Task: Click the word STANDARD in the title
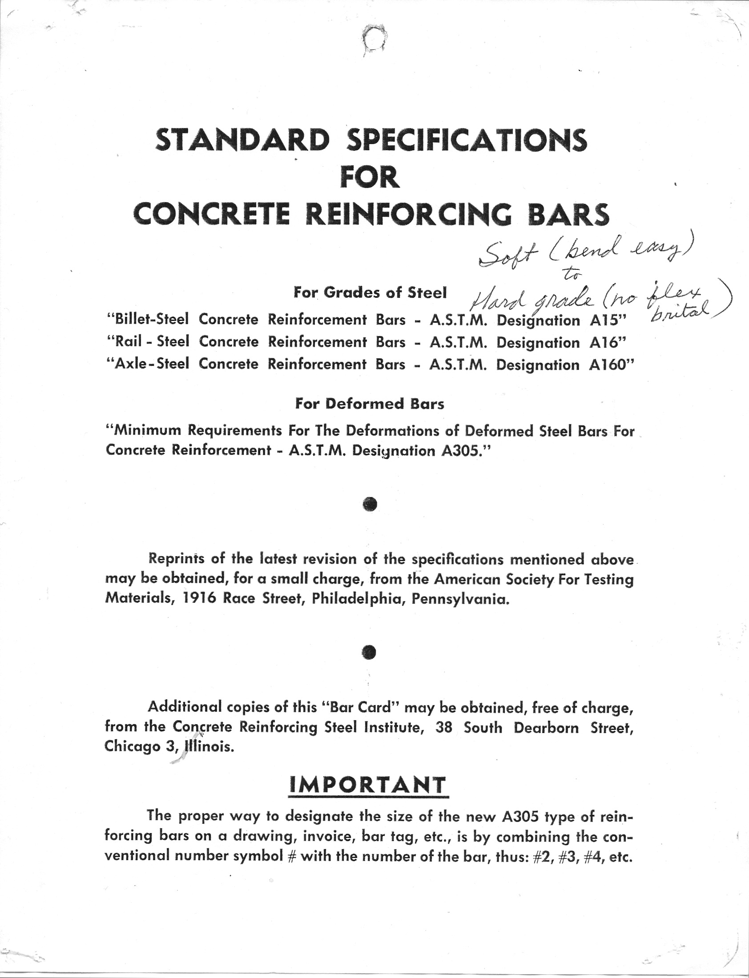pos(242,140)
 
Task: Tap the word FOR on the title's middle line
pos(370,177)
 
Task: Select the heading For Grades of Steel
pos(370,292)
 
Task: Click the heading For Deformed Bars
pos(370,404)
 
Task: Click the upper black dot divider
pos(370,504)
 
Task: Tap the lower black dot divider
pos(370,652)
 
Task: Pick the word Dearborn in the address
pos(547,728)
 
